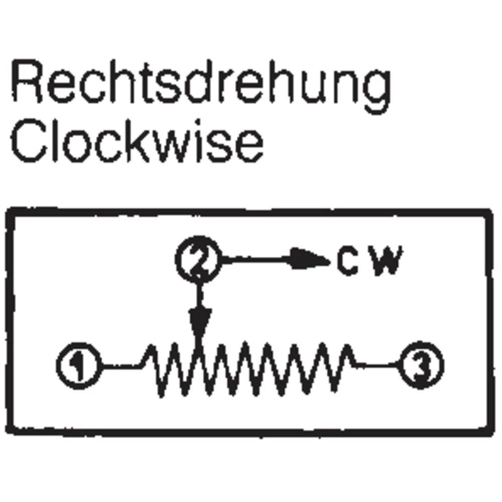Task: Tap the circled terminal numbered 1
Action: point(79,365)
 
